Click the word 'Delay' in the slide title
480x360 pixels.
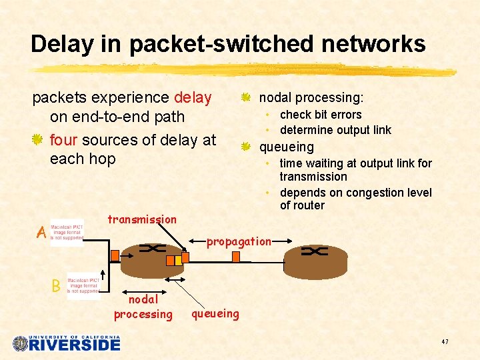64,44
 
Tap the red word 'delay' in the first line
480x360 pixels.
193,98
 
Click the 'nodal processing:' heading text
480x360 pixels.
311,98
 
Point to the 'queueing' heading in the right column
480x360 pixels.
286,147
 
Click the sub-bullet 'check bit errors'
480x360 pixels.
321,115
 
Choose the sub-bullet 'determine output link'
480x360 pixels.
335,130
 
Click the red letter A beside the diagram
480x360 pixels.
41,233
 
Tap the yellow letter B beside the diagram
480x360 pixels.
56,286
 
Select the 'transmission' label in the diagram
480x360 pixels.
142,219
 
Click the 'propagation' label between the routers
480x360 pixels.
239,241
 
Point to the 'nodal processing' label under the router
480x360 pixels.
143,307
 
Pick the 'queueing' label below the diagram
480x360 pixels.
215,313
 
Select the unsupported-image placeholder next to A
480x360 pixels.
67,233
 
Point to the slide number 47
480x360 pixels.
445,342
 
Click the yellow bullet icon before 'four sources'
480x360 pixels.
38,140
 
